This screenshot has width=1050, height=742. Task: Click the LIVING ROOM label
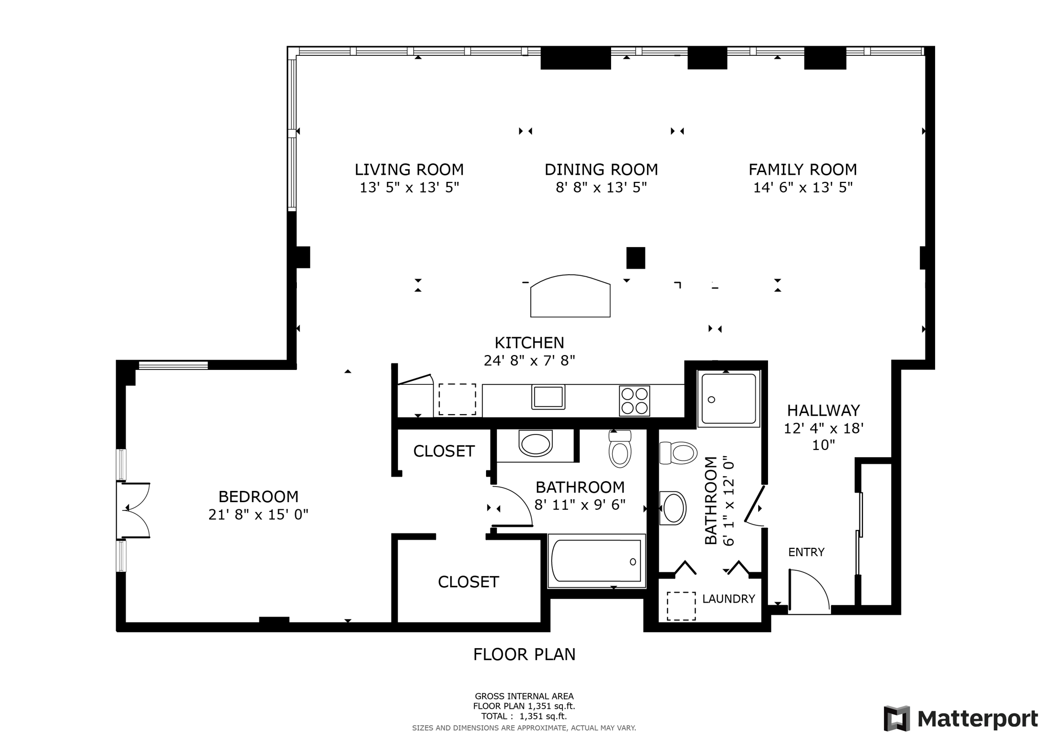pos(409,170)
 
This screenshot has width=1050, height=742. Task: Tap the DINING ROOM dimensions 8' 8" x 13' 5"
pos(601,188)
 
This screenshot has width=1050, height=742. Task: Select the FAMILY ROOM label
pos(802,170)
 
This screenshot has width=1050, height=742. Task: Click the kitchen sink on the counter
pos(548,397)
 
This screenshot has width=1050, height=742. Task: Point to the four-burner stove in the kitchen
pos(634,401)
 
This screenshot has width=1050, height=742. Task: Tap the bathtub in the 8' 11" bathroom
pos(596,562)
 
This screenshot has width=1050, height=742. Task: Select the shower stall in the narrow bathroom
pos(729,398)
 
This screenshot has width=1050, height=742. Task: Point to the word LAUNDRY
pos(728,599)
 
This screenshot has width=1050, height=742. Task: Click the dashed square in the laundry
pos(681,606)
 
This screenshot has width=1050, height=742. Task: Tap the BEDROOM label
pos(258,497)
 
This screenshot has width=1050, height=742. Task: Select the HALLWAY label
pos(823,410)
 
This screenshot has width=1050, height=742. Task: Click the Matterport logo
pos(960,718)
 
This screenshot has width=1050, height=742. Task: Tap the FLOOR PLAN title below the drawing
pos(524,654)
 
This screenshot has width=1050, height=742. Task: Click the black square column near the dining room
pos(635,258)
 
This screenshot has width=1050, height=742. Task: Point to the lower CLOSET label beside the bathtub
pos(468,582)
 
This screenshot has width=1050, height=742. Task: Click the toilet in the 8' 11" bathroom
pos(620,449)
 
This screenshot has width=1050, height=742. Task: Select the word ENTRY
pos(806,552)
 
